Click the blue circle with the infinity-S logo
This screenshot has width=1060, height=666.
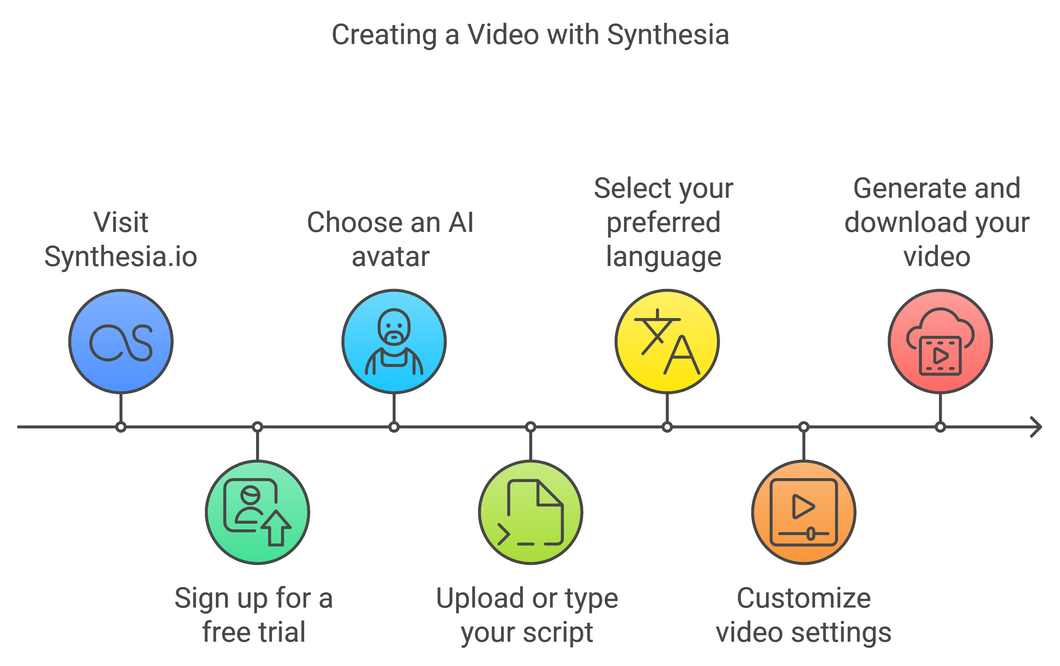click(x=121, y=341)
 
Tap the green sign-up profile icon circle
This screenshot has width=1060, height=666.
click(x=258, y=512)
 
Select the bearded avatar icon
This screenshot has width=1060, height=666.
click(x=394, y=341)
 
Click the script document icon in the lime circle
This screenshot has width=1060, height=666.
click(x=530, y=512)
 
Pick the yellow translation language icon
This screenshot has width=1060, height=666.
click(x=667, y=341)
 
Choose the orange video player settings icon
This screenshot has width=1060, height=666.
click(x=804, y=512)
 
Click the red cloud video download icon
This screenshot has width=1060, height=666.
click(x=940, y=341)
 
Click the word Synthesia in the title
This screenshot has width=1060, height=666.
click(x=668, y=35)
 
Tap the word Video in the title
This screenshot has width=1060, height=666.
click(x=503, y=35)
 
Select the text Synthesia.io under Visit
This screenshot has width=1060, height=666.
click(x=121, y=257)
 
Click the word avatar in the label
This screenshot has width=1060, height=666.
click(x=390, y=257)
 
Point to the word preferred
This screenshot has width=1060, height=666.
click(x=664, y=222)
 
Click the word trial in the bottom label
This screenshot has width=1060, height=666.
click(x=282, y=633)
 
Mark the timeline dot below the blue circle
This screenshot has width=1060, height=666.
click(x=121, y=427)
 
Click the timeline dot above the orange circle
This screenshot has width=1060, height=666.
click(x=804, y=427)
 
